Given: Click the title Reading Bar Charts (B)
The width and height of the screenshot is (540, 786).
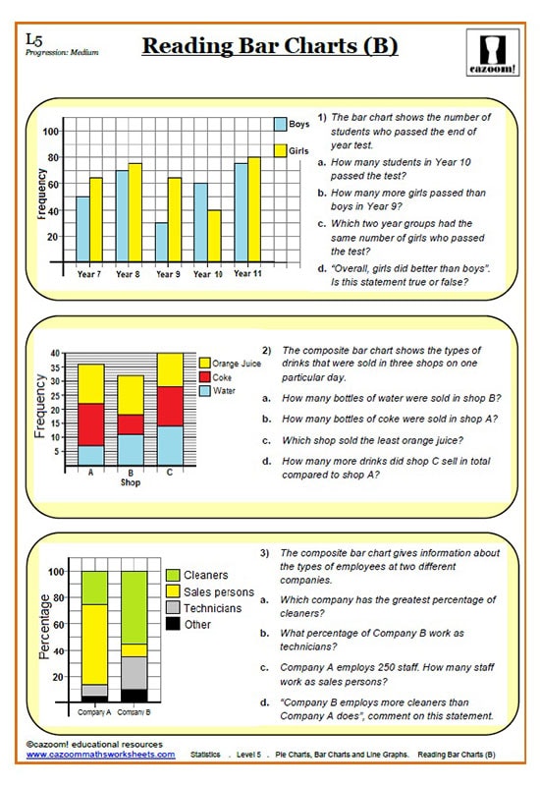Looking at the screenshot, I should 270,46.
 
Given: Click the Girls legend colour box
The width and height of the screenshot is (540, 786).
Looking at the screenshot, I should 280,151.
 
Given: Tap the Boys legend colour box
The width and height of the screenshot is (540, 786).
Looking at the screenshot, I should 280,125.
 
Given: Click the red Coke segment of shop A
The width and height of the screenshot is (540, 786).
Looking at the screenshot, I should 92,424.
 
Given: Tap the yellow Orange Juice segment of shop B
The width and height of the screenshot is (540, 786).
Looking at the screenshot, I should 132,395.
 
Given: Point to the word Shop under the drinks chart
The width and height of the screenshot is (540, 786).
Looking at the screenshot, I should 131,482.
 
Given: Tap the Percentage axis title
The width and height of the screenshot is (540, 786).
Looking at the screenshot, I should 45,626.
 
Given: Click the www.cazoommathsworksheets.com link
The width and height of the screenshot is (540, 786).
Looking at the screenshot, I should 100,755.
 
